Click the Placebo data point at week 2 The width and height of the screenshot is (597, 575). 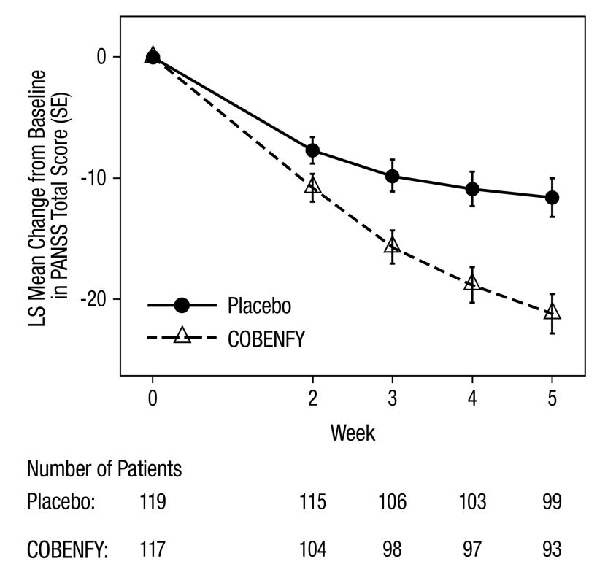(x=312, y=150)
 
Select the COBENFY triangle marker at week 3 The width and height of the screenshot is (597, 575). (x=392, y=245)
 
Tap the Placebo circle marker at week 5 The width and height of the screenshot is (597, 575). (x=552, y=197)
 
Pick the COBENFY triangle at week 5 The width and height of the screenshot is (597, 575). (x=552, y=312)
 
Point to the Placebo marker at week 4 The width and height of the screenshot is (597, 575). (x=472, y=189)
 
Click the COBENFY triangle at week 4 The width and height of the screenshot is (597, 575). (x=472, y=282)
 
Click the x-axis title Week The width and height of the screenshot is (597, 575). (x=353, y=433)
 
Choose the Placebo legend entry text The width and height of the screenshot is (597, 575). (x=258, y=306)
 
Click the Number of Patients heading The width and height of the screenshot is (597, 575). (x=104, y=468)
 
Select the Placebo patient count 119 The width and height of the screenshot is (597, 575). (x=153, y=503)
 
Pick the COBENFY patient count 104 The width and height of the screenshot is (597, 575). (x=312, y=549)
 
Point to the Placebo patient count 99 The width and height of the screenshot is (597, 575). (x=552, y=503)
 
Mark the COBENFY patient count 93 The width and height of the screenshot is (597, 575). (x=552, y=549)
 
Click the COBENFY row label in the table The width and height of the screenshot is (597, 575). (x=67, y=549)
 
